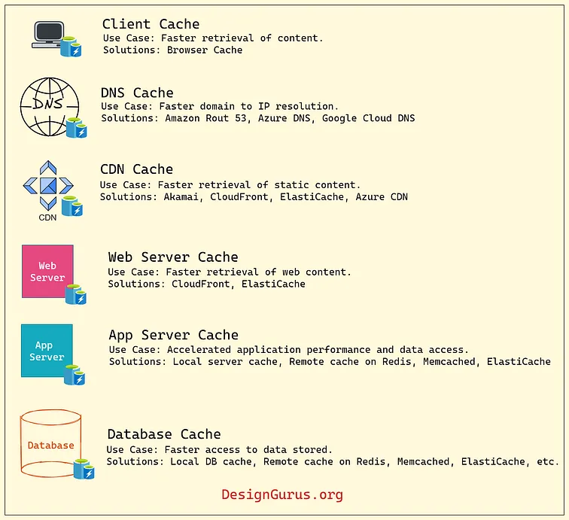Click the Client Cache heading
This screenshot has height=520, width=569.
151,24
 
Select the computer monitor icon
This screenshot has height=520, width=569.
49,34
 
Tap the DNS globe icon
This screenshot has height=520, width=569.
50,107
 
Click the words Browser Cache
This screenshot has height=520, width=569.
205,50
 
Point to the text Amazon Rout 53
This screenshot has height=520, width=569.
205,118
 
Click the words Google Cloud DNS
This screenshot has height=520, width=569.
368,118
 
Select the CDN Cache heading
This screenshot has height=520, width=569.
136,169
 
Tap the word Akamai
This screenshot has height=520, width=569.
181,196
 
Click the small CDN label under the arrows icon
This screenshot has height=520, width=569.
47,217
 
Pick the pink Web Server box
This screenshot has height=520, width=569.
47,272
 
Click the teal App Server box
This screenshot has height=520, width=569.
47,351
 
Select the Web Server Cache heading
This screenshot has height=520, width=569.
173,257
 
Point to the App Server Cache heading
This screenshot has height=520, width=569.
173,335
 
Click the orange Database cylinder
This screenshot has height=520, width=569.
50,443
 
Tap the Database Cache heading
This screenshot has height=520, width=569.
164,434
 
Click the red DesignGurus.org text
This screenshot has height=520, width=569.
282,494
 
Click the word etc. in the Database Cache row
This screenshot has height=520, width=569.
548,461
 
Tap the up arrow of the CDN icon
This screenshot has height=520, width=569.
48,168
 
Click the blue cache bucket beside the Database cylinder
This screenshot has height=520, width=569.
84,469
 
